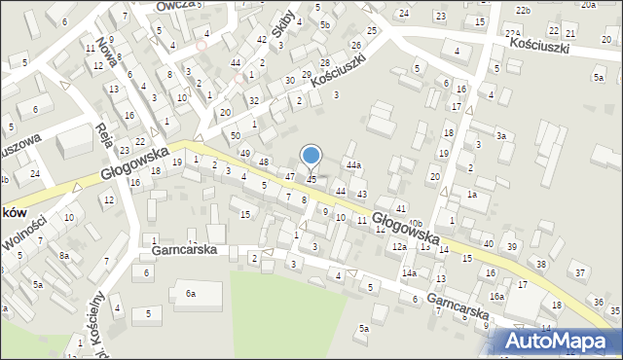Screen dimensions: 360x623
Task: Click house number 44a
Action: point(353,165)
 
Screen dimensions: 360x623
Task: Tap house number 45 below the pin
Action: point(311,179)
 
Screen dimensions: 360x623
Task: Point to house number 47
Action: point(289,176)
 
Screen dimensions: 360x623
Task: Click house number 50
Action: point(235,135)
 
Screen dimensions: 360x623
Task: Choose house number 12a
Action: point(399,247)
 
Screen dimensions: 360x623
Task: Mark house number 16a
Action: point(496,297)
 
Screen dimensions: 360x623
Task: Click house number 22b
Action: point(524,10)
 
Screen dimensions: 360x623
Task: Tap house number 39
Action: point(512,246)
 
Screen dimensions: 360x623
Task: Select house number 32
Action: point(253,100)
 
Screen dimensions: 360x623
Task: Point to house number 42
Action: point(261,39)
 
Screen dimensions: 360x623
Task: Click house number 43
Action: point(362,195)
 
